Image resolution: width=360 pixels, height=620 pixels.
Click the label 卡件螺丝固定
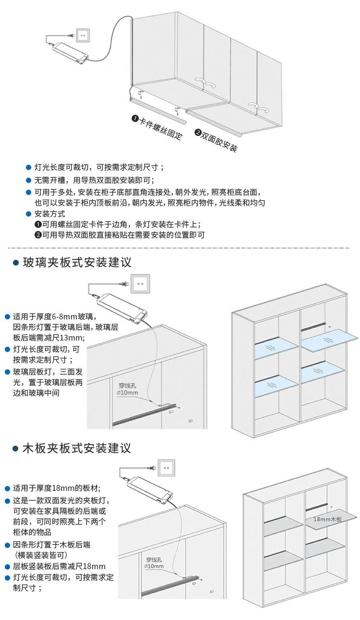(158, 127)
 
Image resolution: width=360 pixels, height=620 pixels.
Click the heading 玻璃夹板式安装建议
(77, 263)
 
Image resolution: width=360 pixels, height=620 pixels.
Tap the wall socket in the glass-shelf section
(140, 284)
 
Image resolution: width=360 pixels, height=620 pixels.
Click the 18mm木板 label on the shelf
(327, 519)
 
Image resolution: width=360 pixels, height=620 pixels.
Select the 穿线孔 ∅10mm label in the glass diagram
(127, 389)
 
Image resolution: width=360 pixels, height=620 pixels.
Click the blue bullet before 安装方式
(28, 214)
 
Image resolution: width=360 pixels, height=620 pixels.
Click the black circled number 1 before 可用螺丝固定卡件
(38, 224)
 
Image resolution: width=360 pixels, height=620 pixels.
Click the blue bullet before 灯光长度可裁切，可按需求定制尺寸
(28, 168)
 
